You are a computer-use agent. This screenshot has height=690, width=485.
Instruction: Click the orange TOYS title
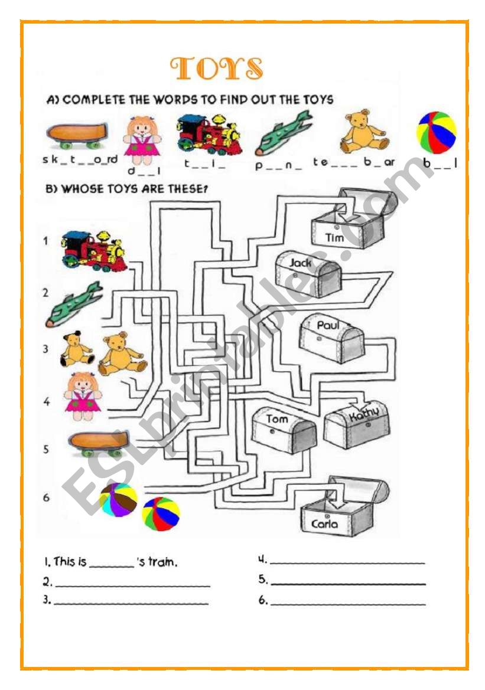(x=216, y=69)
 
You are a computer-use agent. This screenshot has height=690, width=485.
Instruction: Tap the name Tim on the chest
(x=334, y=237)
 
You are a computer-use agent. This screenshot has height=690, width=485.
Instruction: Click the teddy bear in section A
(x=364, y=131)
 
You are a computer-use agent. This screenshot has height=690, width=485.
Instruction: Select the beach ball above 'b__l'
(x=437, y=133)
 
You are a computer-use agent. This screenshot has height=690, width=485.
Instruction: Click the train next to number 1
(x=93, y=250)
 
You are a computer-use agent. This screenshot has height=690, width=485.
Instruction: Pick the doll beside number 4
(x=83, y=396)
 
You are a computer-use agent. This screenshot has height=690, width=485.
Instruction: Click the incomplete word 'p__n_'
(x=279, y=166)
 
